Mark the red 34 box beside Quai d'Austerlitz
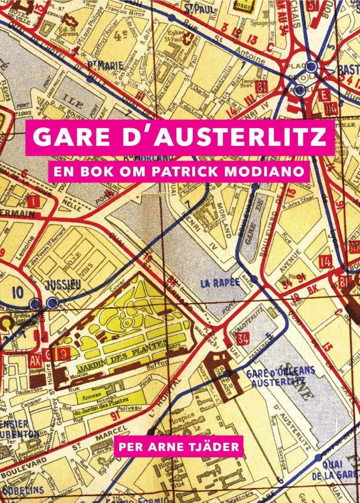243,338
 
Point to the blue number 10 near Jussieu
18,292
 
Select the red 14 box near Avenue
325,262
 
